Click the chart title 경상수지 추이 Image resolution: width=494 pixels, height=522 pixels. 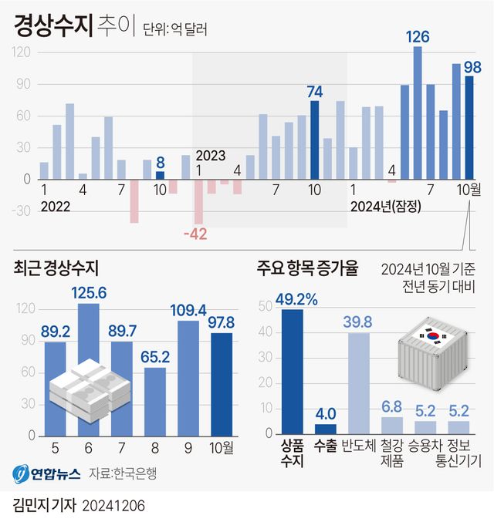(x=73, y=28)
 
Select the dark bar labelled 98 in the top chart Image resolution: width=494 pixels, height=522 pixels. (x=469, y=127)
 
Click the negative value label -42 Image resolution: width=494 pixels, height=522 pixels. (x=195, y=234)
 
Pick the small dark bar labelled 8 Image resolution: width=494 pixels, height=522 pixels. (x=160, y=175)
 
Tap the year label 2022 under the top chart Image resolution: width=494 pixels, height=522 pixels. (x=55, y=206)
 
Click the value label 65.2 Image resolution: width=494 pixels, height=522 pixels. (x=154, y=357)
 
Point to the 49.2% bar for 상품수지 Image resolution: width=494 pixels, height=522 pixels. (x=292, y=370)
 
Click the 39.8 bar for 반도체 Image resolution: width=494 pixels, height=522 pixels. (x=359, y=382)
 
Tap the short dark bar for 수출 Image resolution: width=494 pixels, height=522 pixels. (x=325, y=429)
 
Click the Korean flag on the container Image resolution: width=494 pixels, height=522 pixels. (x=429, y=335)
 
